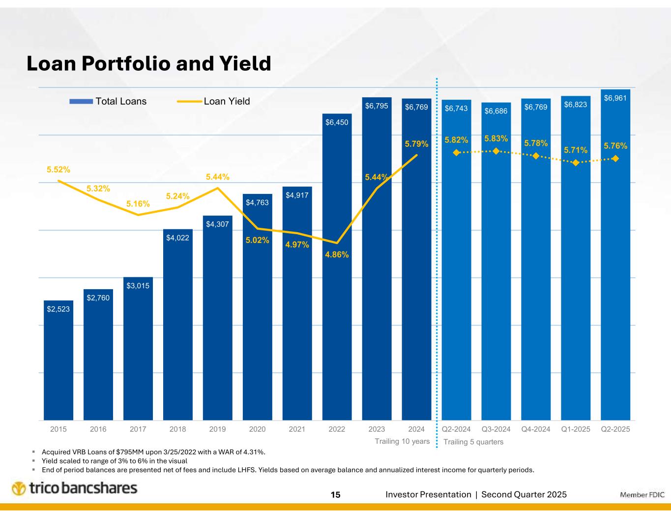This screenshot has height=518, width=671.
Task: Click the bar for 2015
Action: coord(58,361)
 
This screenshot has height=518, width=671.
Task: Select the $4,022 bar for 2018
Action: coord(177,327)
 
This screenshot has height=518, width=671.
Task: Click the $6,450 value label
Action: coord(337,122)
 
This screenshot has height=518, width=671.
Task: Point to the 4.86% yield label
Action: coord(337,254)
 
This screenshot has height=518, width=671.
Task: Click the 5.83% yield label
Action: coord(496,139)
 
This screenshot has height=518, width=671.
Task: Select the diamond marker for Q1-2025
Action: coord(576,163)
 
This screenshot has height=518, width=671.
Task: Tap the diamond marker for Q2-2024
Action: coord(456,153)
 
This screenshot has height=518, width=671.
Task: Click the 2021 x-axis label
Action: coord(297,429)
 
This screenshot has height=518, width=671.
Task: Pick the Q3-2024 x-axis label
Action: coord(496,429)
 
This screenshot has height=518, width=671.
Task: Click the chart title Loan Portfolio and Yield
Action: coord(149,63)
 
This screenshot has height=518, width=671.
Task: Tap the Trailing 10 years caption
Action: coord(402,441)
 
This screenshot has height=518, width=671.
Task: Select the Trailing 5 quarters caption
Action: coord(473,442)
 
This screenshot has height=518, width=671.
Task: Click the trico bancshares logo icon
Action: coord(19,489)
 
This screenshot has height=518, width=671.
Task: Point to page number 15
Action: coord(335,494)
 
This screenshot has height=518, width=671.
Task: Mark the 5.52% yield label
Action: coord(58,170)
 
